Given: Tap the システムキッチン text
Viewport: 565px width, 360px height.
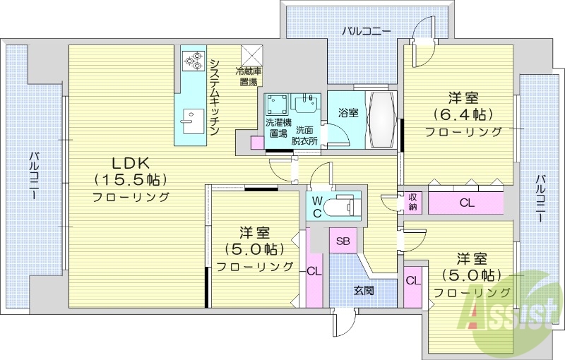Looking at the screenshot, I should (x=215, y=97).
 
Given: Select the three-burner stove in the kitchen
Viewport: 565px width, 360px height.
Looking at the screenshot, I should (x=191, y=61).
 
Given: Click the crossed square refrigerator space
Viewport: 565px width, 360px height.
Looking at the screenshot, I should (x=251, y=56).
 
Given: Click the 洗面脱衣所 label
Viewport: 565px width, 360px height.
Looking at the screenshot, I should (x=305, y=133).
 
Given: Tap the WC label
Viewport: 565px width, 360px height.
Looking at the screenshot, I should (x=317, y=207).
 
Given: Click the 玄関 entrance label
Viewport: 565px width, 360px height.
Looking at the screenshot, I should (x=364, y=290).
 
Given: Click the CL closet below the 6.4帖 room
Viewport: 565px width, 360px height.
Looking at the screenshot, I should (x=466, y=203).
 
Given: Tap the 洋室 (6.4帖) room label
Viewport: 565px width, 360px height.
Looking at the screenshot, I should (x=463, y=114).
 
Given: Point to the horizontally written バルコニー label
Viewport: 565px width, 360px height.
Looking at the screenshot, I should (x=366, y=30).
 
